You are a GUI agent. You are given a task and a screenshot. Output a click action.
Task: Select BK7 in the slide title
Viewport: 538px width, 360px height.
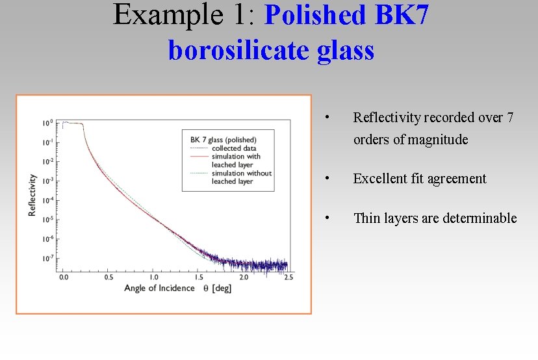pos(402,16)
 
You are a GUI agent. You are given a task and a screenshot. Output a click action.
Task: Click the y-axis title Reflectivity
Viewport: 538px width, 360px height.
pos(32,194)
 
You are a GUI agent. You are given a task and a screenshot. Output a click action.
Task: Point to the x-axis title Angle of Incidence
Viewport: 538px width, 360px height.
pos(159,287)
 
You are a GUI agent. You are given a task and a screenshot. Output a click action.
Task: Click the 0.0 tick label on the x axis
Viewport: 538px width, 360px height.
pos(64,277)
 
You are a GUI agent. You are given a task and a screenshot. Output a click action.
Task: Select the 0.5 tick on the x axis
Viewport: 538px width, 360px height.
pos(109,277)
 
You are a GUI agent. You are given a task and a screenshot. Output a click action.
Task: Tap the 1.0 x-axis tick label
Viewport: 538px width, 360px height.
pos(154,277)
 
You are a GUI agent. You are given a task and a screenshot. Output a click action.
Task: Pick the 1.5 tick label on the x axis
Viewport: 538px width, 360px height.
pos(199,277)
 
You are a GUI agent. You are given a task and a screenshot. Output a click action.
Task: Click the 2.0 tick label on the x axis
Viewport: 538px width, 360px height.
pos(244,277)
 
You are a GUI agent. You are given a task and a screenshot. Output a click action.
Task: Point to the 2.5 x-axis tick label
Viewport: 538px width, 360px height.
pos(288,277)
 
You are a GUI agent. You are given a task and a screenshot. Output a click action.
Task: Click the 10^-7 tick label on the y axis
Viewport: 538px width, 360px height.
pos(47,259)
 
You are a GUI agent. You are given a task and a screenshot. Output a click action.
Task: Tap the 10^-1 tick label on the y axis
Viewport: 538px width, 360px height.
pos(47,142)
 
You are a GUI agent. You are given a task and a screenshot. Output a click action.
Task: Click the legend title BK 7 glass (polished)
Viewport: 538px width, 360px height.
pos(224,140)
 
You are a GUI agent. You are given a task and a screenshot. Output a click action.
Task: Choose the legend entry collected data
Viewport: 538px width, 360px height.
pos(234,148)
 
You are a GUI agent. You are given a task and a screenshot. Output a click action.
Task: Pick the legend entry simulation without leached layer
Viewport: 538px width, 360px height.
pos(241,177)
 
